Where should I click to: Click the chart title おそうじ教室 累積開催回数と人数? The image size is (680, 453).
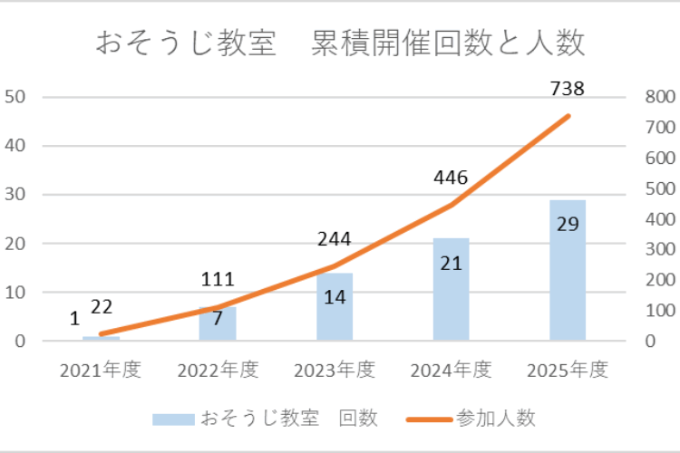pos(340,43)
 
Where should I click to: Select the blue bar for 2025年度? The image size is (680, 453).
pos(568,290)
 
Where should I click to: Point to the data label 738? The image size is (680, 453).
pos(568,89)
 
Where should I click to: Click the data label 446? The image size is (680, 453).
pos(451,178)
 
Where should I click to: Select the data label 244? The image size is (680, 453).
pos(334,240)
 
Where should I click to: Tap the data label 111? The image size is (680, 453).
pos(218,280)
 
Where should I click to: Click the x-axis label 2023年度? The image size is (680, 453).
pos(335,370)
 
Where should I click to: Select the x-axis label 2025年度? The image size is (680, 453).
pos(568,370)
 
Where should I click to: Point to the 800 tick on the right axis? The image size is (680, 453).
pos(657,97)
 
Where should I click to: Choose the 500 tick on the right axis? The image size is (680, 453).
pos(657,188)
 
